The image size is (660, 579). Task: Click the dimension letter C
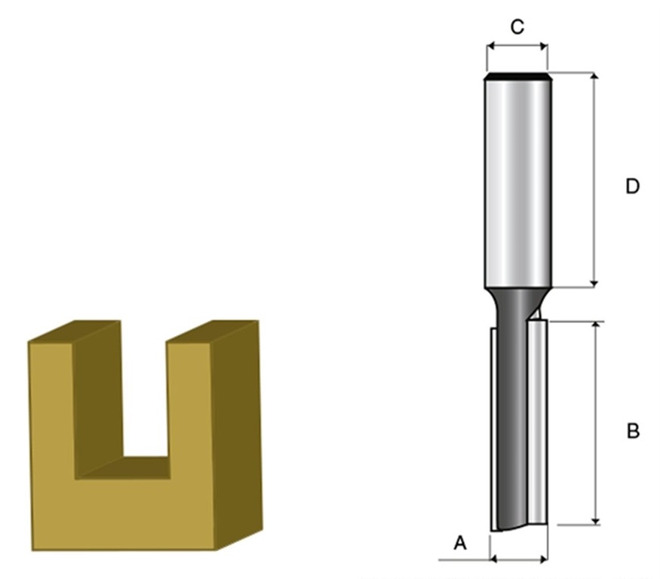click(x=517, y=27)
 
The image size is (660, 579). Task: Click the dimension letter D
click(x=632, y=186)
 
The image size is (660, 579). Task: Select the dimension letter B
click(x=633, y=431)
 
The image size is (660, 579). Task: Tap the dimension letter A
click(x=460, y=543)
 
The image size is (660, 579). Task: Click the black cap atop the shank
click(x=517, y=76)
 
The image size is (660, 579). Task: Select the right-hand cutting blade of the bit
click(x=537, y=421)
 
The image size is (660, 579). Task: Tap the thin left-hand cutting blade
click(x=493, y=429)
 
